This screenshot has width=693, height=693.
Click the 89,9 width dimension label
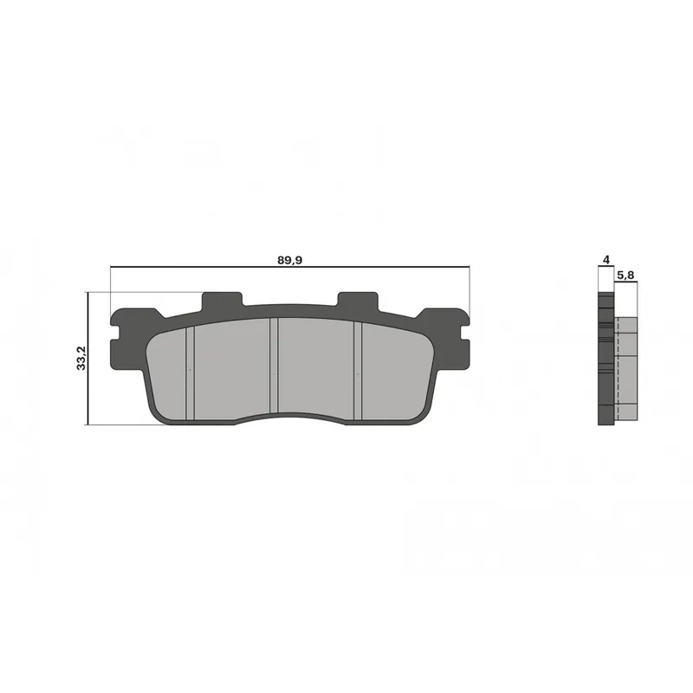(289, 260)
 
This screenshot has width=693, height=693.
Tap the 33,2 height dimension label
(81, 358)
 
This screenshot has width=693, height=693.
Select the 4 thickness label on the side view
(606, 260)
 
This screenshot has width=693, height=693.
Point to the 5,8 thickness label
(625, 275)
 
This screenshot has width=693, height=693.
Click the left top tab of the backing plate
(222, 301)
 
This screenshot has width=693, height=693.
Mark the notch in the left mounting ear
(116, 334)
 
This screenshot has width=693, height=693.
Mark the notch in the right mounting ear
(464, 334)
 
